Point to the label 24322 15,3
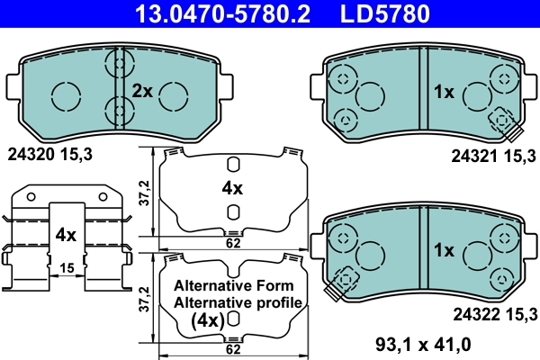point(493,314)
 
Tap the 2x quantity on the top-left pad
point(143,91)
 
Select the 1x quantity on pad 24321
point(445,91)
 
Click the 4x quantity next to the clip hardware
point(64,235)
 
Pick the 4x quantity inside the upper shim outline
point(232,188)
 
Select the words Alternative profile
point(239,302)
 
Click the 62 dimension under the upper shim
point(232,242)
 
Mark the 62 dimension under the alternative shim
point(232,348)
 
